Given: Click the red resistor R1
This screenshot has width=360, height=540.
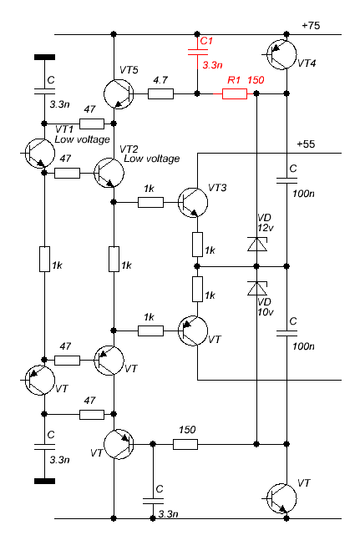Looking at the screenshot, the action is coord(234,93).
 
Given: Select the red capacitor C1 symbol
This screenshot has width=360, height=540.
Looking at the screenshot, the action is coord(198,53).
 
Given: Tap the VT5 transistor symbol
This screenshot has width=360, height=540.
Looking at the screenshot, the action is coord(119,93).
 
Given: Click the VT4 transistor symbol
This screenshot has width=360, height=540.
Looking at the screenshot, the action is coord(281,54).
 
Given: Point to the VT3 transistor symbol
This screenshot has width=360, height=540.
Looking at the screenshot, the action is coord(193,203).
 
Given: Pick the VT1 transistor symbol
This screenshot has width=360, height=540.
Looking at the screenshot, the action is coord(40,154).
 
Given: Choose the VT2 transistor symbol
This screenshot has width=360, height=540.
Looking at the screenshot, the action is coord(109,173).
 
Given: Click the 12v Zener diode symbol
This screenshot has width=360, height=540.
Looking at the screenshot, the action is coord(256,244).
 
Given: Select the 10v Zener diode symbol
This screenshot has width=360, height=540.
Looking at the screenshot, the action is coord(256,289).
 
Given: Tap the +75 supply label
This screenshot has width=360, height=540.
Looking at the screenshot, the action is coord(311,26).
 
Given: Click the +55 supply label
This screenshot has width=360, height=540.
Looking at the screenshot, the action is coord(306,144).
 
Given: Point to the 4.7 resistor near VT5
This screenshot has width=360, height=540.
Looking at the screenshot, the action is coord(161,93).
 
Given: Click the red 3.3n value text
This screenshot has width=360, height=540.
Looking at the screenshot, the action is coord(212,65).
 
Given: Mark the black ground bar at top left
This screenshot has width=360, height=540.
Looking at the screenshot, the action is coord(44,57).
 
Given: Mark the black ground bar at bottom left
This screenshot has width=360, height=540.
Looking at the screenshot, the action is coord(44,481).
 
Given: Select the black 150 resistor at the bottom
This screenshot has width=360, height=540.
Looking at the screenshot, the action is coord(185,444).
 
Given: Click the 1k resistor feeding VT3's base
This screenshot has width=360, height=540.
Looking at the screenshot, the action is coord(150,203).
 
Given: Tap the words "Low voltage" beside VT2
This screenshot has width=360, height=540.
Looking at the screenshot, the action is coord(152,159).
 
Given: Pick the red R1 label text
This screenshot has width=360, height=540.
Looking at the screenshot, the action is coord(234,80).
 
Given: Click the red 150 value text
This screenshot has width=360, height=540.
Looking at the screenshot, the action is coord(256,80).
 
